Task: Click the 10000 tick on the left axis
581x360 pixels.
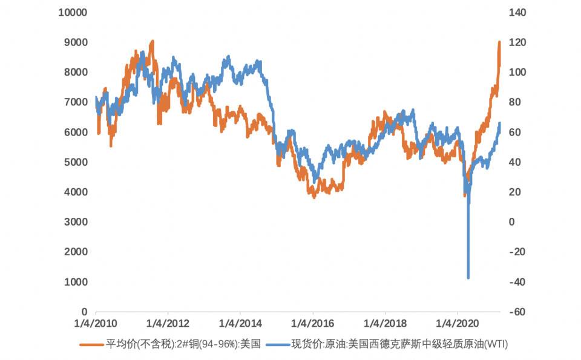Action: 72,13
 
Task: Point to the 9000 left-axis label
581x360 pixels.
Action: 75,42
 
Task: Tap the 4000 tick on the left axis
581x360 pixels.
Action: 75,192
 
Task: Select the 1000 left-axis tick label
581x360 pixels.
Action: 75,282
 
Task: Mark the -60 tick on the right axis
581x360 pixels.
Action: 516,312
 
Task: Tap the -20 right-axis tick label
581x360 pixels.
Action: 516,252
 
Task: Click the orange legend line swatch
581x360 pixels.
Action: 91,345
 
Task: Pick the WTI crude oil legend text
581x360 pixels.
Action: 399,345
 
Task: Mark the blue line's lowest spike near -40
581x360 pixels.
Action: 468,278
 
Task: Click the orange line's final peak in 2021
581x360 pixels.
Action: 499,42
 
